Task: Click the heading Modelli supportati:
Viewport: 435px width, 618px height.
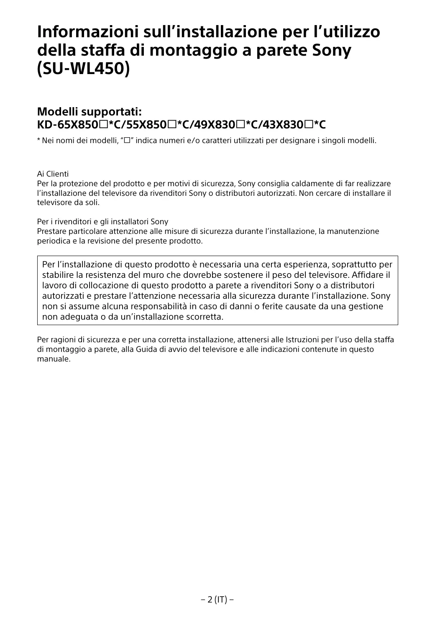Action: point(90,112)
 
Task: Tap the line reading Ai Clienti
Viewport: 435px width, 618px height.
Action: point(53,174)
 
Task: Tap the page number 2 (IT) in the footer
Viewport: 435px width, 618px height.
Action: point(217,600)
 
